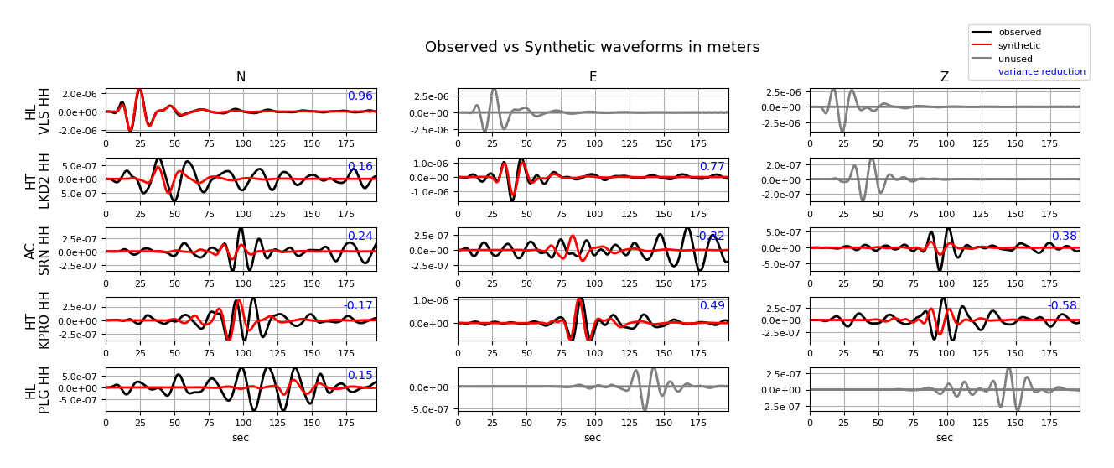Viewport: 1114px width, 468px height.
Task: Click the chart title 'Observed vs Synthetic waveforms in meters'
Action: click(x=592, y=47)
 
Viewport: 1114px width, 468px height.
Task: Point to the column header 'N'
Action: click(x=241, y=77)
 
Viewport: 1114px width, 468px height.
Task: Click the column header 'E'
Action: click(x=593, y=77)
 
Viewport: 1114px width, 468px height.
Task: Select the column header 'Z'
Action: click(x=945, y=77)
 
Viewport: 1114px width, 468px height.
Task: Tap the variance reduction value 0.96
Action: click(x=360, y=96)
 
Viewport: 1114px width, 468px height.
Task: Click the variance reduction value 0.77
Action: click(x=712, y=166)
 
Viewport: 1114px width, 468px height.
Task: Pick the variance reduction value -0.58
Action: click(x=1062, y=305)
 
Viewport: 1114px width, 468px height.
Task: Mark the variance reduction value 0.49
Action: click(x=712, y=305)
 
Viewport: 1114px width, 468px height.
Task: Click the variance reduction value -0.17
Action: click(x=358, y=305)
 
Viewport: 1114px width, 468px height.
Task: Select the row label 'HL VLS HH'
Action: click(x=38, y=110)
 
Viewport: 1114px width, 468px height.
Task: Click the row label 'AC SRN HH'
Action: click(x=38, y=249)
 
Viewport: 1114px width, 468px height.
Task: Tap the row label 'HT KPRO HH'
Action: click(x=38, y=319)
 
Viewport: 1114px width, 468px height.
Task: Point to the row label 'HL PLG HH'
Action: click(x=38, y=388)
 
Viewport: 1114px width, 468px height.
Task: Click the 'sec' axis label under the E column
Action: click(x=593, y=438)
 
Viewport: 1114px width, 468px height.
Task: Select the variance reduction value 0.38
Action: click(x=1064, y=236)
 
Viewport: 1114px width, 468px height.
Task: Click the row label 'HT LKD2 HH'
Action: click(x=38, y=179)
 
